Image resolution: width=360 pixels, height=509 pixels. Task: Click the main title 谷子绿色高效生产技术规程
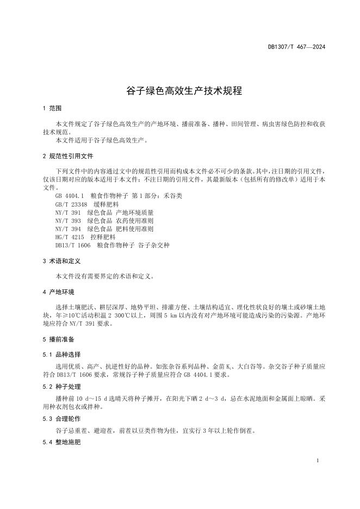click(x=180, y=91)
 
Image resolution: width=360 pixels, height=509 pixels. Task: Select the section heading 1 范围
click(x=52, y=108)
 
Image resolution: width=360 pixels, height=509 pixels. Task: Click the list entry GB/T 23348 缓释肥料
click(x=83, y=203)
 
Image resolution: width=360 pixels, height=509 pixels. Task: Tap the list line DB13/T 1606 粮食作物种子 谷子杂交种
click(x=112, y=246)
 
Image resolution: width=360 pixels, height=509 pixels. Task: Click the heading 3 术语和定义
click(x=61, y=262)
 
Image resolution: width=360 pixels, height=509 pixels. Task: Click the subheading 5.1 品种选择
click(x=61, y=354)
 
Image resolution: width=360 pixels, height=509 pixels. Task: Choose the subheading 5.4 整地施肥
click(x=61, y=443)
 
